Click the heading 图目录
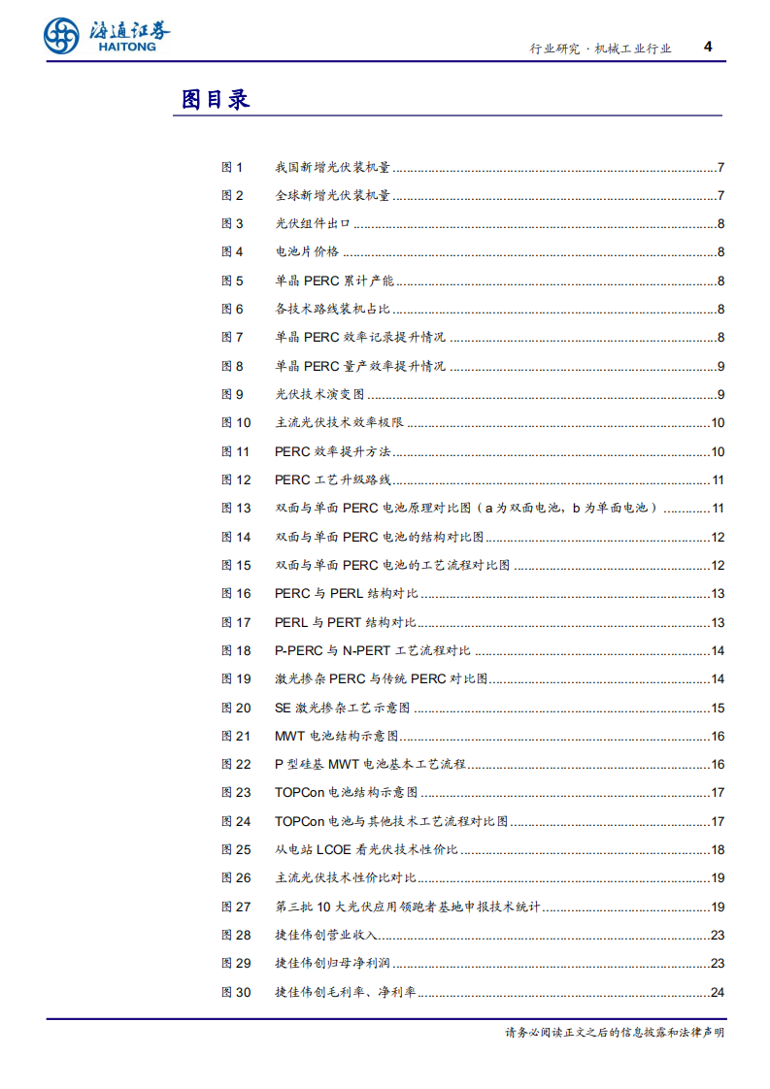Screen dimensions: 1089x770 point(216,99)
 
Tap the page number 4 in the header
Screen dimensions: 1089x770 point(707,47)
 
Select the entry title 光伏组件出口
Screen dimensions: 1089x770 point(312,224)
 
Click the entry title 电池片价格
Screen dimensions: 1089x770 point(307,252)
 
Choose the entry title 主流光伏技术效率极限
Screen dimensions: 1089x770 point(339,423)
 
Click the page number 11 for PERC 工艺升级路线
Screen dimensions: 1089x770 point(718,479)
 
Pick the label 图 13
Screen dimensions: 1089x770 point(236,508)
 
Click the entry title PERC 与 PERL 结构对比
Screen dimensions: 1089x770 point(346,594)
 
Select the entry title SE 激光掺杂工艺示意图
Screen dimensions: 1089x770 point(343,708)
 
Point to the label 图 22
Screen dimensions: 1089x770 point(236,765)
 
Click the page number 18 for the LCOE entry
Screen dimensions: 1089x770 point(718,850)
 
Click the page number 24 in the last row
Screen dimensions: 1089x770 point(718,992)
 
